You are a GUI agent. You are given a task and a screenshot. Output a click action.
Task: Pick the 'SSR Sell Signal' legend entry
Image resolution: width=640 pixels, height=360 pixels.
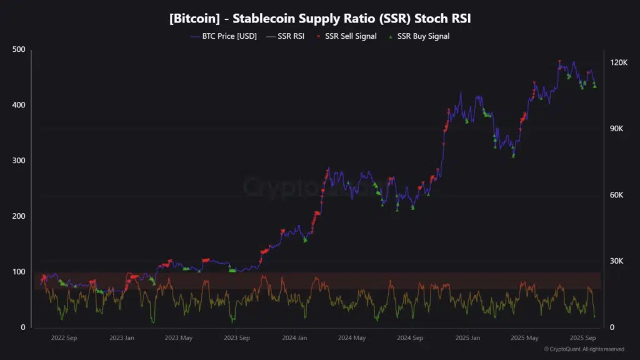(351, 36)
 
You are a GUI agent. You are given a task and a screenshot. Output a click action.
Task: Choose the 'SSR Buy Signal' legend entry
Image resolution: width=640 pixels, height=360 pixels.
(422, 36)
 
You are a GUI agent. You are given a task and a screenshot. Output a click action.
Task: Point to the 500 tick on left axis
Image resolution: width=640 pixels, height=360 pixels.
(19, 49)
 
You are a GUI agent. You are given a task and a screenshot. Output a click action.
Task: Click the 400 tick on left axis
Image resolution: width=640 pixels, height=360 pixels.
(19, 105)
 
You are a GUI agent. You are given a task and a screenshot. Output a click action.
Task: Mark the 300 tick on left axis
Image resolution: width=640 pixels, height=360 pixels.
(19, 161)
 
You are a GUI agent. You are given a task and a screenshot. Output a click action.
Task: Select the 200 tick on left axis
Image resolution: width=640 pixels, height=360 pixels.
(19, 216)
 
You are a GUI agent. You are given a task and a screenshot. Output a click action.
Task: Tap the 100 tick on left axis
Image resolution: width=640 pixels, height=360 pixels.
(19, 272)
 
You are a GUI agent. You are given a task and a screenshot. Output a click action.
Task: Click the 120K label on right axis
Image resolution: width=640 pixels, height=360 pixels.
(619, 62)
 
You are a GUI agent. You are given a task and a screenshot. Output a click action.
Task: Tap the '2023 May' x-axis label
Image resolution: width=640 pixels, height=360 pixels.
(178, 338)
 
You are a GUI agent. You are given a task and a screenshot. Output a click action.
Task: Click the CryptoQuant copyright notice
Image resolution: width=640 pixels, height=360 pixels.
(584, 349)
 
